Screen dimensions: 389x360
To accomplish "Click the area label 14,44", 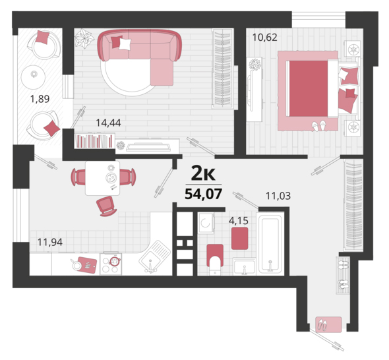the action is tap(108, 123).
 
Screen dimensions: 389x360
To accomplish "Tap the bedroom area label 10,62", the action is tap(264, 38).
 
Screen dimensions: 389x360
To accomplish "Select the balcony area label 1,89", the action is tap(40, 99).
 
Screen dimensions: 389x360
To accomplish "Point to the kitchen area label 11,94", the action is tap(50, 242).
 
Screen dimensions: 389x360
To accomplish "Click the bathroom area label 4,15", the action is tap(239, 221).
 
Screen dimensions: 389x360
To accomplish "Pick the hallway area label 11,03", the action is tap(278, 196).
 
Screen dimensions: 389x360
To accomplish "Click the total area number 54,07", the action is tap(203, 194).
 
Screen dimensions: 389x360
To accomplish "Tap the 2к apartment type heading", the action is tap(203, 173).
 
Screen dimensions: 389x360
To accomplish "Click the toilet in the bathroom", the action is tap(215, 259).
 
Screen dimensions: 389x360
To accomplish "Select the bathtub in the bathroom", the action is tap(270, 244).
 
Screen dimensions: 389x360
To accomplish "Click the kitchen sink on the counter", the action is tap(154, 256).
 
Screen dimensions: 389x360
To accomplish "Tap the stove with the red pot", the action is tap(111, 264).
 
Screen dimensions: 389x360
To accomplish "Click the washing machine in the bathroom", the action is tap(206, 223).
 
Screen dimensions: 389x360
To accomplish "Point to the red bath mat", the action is tap(239, 239).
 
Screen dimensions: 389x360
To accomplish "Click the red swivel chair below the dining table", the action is tap(107, 206).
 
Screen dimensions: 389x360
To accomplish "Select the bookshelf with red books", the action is tap(94, 141).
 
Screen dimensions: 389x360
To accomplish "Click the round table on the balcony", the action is tap(33, 77).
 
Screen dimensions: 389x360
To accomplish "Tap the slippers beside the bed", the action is tap(319, 126).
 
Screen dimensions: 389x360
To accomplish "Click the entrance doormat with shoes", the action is tap(329, 324).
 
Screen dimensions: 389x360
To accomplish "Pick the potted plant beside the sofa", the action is tap(84, 38).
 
